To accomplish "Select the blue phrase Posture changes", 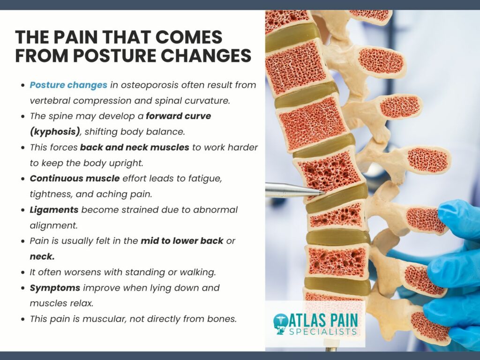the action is pyautogui.click(x=68, y=85).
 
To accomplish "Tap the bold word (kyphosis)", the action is pyautogui.click(x=55, y=132).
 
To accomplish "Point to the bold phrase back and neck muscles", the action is pyautogui.click(x=135, y=147).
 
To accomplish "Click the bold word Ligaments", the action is pyautogui.click(x=54, y=210).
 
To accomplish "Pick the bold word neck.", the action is pyautogui.click(x=42, y=256).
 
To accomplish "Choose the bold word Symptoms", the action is pyautogui.click(x=55, y=288).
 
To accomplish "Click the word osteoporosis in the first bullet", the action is pyautogui.click(x=150, y=85).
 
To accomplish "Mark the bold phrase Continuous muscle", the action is pyautogui.click(x=75, y=179).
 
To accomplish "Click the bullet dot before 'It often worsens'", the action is pyautogui.click(x=22, y=272).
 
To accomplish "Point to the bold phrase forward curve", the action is pyautogui.click(x=179, y=116).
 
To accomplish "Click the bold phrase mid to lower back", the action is pyautogui.click(x=182, y=241).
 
